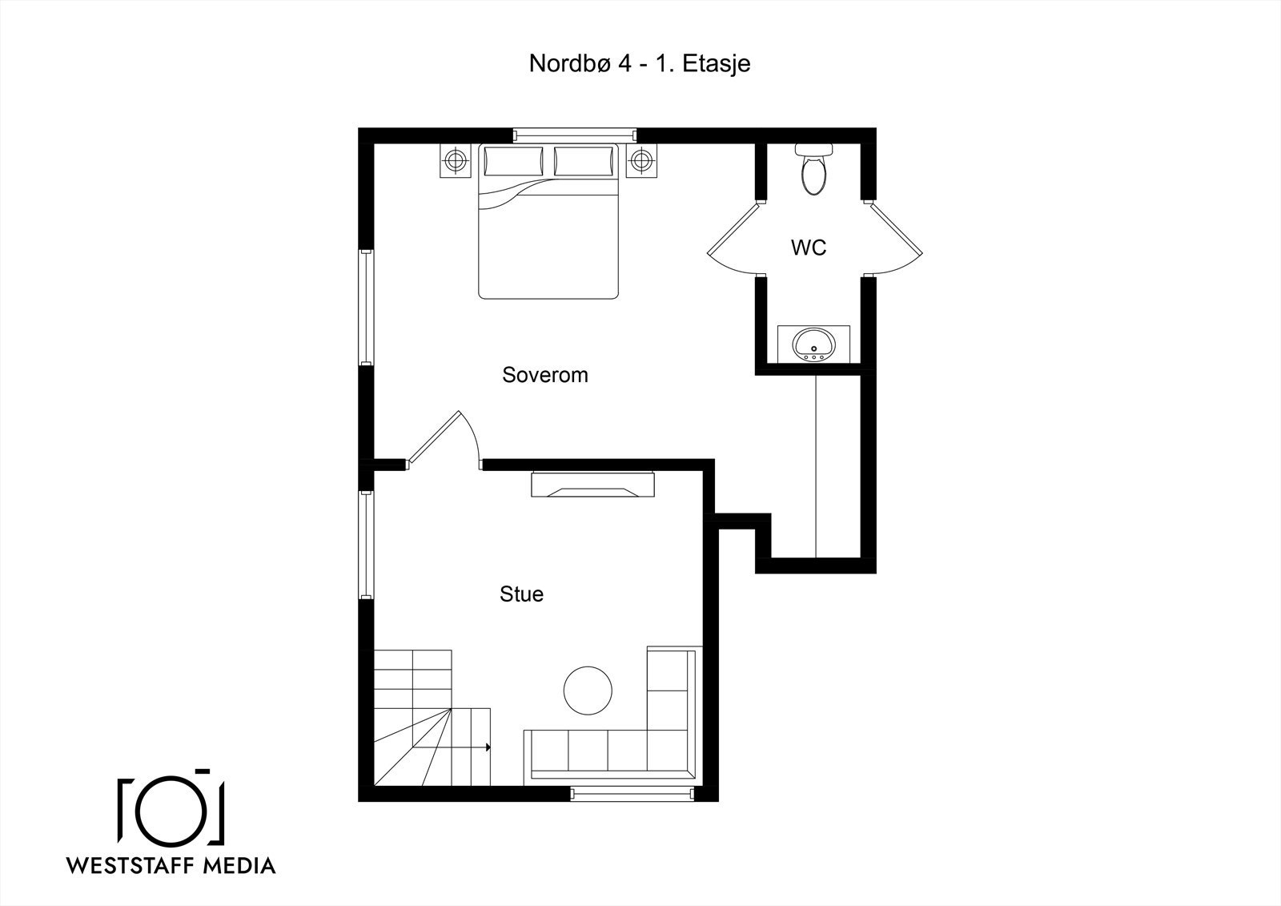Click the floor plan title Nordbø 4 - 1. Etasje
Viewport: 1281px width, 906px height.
pyautogui.click(x=640, y=63)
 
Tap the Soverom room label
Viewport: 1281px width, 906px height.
pyautogui.click(x=545, y=375)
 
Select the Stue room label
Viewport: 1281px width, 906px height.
pyautogui.click(x=521, y=594)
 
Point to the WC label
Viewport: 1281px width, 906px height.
pyautogui.click(x=809, y=248)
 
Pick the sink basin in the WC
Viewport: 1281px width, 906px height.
pyautogui.click(x=813, y=344)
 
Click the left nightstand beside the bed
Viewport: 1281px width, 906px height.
pyautogui.click(x=456, y=161)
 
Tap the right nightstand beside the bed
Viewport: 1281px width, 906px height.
pyautogui.click(x=641, y=161)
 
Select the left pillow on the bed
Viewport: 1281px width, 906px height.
pyautogui.click(x=513, y=161)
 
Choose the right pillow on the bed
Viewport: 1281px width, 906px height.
pyautogui.click(x=584, y=161)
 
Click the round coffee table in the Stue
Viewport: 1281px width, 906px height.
pyautogui.click(x=588, y=691)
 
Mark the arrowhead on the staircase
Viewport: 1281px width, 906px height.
pyautogui.click(x=488, y=747)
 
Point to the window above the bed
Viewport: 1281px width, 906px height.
pyautogui.click(x=575, y=135)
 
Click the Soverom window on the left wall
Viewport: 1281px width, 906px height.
pyautogui.click(x=366, y=308)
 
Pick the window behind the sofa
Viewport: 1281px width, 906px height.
pyautogui.click(x=632, y=794)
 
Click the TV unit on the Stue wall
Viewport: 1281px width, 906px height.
pyautogui.click(x=593, y=484)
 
